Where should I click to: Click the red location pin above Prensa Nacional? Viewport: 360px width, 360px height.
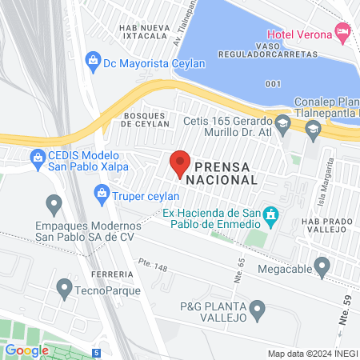[180, 162]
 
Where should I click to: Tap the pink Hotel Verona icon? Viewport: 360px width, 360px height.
[343, 33]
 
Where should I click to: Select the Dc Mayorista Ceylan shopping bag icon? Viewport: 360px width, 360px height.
[94, 60]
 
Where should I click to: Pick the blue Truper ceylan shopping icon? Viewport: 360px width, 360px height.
[102, 193]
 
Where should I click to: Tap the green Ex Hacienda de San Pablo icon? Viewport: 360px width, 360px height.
[271, 214]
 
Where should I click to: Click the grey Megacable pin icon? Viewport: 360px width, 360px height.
[322, 265]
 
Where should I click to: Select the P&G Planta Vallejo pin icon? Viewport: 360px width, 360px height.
[257, 308]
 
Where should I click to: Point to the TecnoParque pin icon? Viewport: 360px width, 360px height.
[64, 286]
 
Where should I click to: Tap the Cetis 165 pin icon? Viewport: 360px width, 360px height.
[282, 122]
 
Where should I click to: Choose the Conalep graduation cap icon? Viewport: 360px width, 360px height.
[313, 130]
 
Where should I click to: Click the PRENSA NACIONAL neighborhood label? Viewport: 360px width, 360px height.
[222, 173]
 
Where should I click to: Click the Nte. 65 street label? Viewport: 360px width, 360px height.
[239, 267]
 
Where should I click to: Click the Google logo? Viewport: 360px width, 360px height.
[27, 350]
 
